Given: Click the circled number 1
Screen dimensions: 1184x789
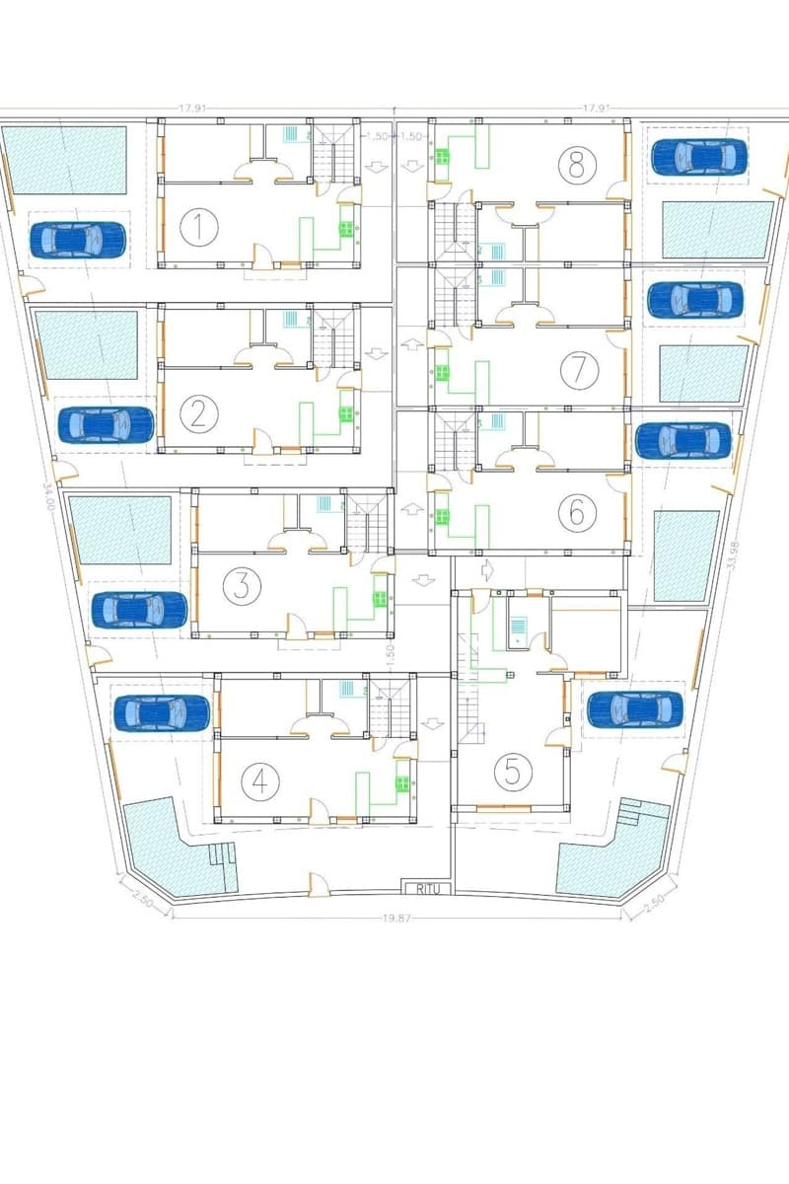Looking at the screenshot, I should pyautogui.click(x=199, y=228).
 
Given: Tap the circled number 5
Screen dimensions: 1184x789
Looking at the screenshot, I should pyautogui.click(x=512, y=771).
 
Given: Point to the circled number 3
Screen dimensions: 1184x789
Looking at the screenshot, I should pyautogui.click(x=241, y=586).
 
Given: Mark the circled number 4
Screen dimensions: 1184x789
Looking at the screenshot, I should pyautogui.click(x=259, y=781).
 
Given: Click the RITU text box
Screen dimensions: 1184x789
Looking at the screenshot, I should pyautogui.click(x=427, y=888).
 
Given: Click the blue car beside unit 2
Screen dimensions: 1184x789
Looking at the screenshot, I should pyautogui.click(x=106, y=424).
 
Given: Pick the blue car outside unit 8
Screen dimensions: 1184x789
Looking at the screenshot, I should pyautogui.click(x=698, y=156).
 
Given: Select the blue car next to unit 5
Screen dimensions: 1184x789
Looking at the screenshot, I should pyautogui.click(x=633, y=707).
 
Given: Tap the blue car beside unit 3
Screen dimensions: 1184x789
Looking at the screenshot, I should pyautogui.click(x=139, y=610).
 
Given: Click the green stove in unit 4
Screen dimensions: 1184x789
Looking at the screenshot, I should pyautogui.click(x=402, y=784).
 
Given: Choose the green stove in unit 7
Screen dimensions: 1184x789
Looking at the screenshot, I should pyautogui.click(x=442, y=373).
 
